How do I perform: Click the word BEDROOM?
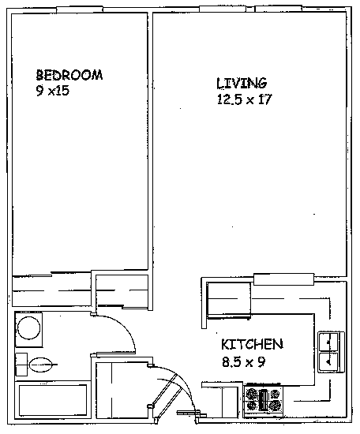pyautogui.click(x=69, y=75)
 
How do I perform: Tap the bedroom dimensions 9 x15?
pyautogui.click(x=52, y=91)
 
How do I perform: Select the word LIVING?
pyautogui.click(x=242, y=83)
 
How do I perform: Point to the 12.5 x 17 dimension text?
pyautogui.click(x=244, y=99)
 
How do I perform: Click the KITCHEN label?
pyautogui.click(x=252, y=344)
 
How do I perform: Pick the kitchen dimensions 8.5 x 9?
pyautogui.click(x=244, y=361)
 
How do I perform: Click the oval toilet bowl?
pyautogui.click(x=40, y=365)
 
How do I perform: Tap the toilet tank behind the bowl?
pyautogui.click(x=21, y=365)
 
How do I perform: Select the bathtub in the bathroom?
pyautogui.click(x=53, y=400)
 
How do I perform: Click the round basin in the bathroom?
pyautogui.click(x=28, y=328)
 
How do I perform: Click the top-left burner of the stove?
pyautogui.click(x=252, y=394)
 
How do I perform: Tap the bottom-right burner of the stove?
pyautogui.click(x=276, y=406)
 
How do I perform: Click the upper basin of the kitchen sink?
pyautogui.click(x=328, y=342)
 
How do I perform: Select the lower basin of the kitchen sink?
pyautogui.click(x=328, y=361)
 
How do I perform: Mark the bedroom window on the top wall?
pyautogui.click(x=80, y=9)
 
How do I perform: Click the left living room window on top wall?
pyautogui.click(x=223, y=9)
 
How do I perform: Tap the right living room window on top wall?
pyautogui.click(x=279, y=9)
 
